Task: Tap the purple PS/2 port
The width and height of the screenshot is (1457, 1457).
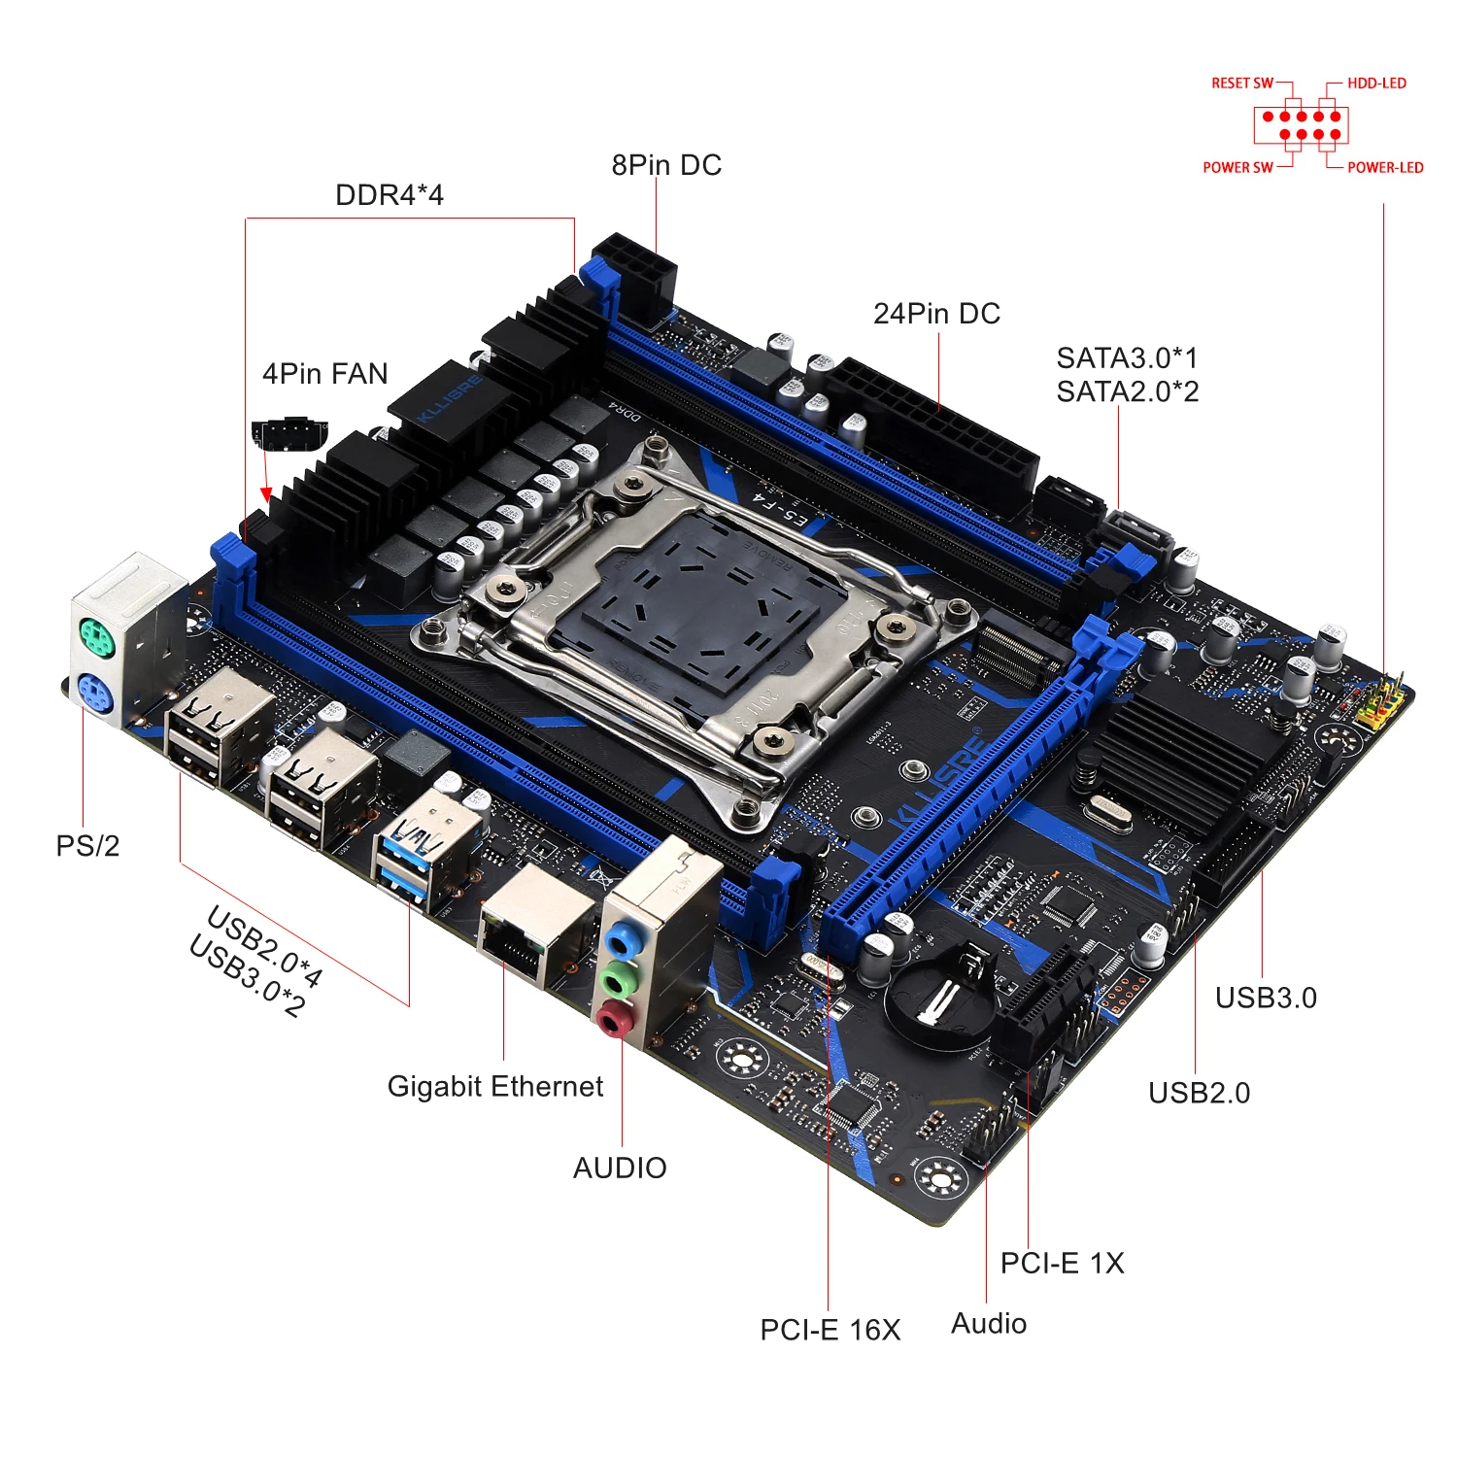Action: coord(95,695)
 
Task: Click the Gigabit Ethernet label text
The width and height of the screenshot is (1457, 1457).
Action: coord(494,1086)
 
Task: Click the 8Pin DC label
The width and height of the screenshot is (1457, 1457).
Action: coord(666,165)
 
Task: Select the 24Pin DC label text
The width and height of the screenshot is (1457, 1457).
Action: coord(936,314)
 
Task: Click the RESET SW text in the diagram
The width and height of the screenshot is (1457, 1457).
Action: coord(1241,84)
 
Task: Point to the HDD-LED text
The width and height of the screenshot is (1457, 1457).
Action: coord(1376,84)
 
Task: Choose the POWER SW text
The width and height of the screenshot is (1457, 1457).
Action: coord(1237,167)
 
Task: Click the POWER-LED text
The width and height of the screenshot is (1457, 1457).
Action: coord(1385,167)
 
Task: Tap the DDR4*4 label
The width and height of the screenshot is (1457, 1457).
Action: coord(389,195)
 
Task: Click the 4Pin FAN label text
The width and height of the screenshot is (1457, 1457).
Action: coord(324,374)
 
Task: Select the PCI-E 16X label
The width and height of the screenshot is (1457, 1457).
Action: coord(830,1330)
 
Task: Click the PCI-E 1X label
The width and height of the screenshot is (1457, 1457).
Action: coord(1062,1263)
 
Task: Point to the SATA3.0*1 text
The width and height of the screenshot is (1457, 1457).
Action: coord(1127,358)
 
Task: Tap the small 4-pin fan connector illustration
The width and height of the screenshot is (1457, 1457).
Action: coord(288,433)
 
